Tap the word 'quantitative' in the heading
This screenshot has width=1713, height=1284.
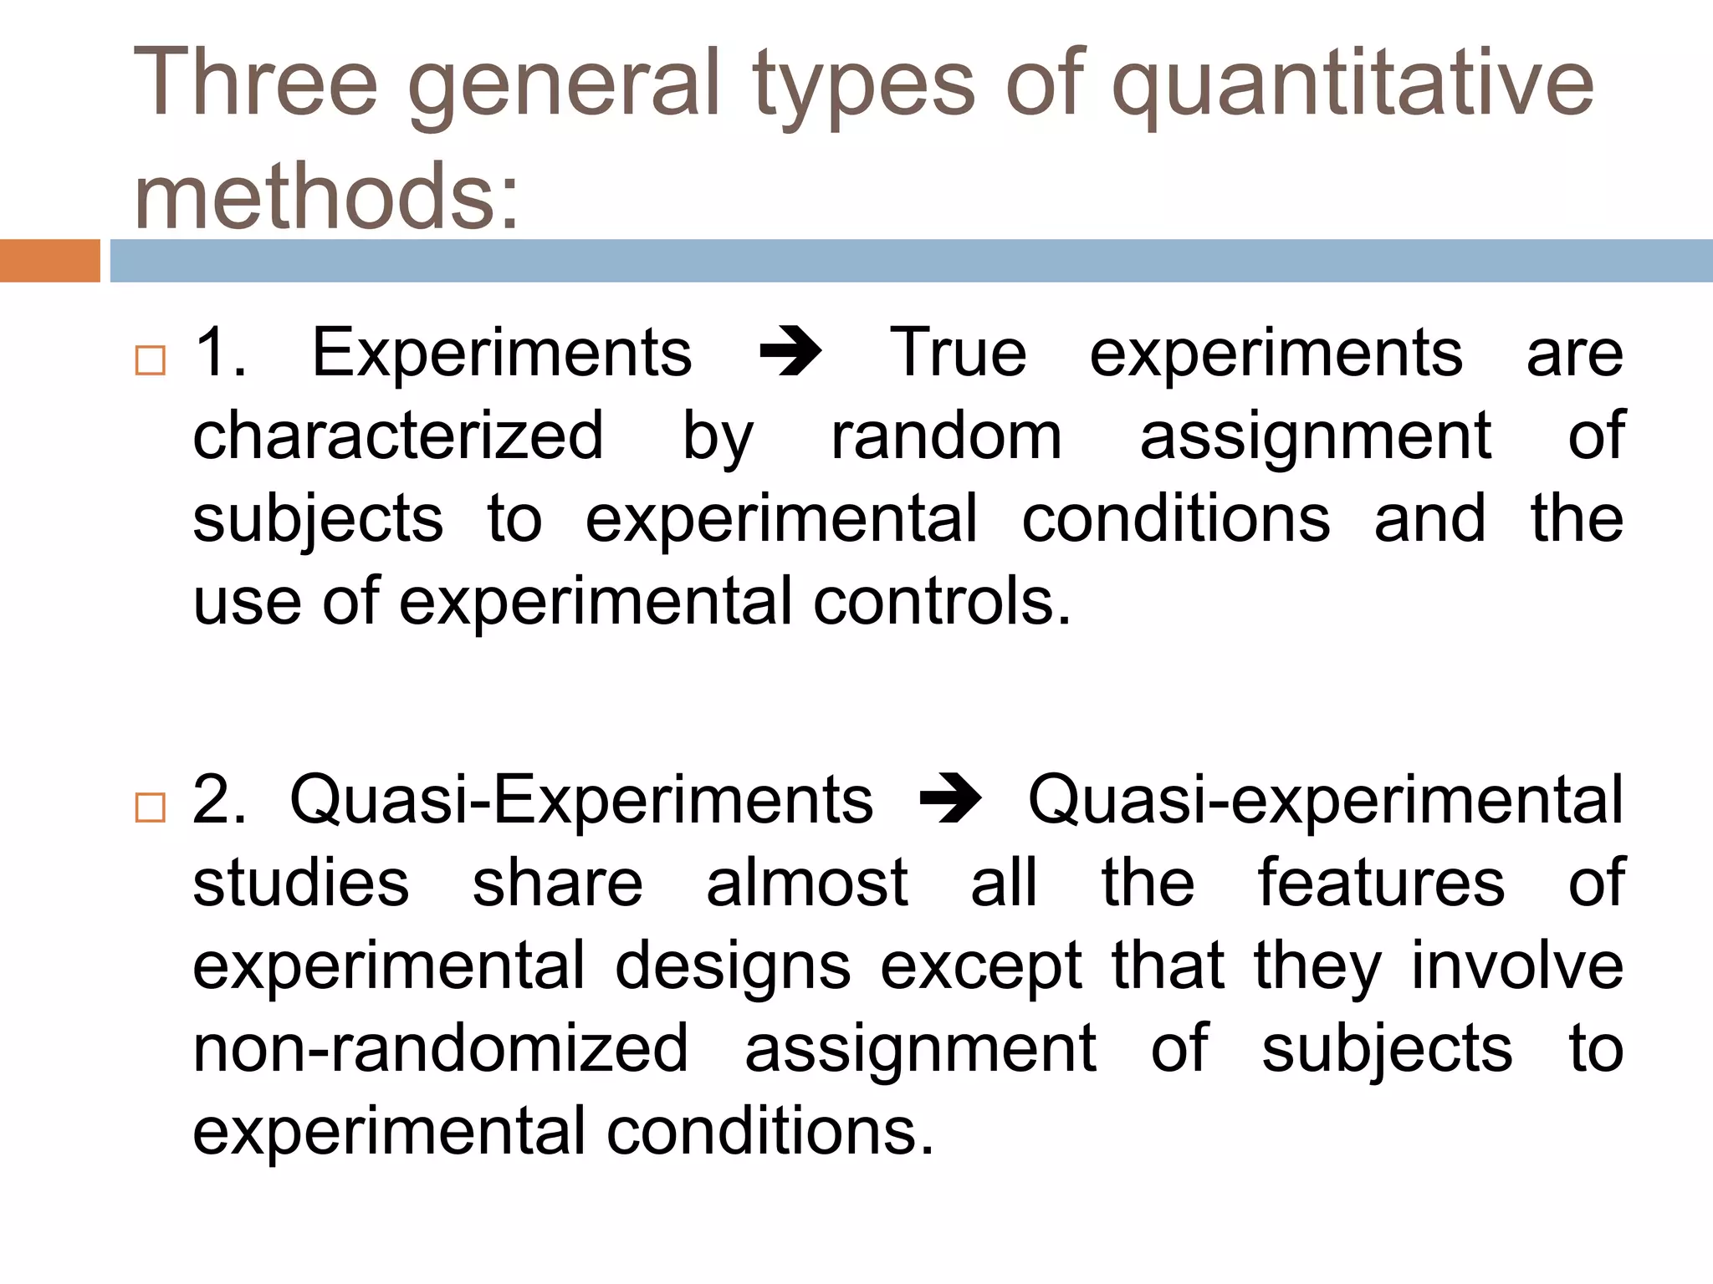(1352, 84)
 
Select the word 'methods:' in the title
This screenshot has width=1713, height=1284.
(326, 197)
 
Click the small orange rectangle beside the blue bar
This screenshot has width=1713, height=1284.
(49, 261)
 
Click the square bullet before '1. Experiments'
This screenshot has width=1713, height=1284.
(150, 360)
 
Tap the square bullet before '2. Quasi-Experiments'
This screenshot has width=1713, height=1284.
(150, 808)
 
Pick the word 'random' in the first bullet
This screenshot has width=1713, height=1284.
(946, 436)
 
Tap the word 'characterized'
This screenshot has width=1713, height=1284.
(398, 436)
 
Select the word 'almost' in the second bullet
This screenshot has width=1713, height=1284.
(806, 883)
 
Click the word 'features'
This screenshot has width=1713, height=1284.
(1381, 883)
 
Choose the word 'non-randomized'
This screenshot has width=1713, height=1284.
(441, 1048)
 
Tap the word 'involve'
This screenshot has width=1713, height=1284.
(1517, 966)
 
